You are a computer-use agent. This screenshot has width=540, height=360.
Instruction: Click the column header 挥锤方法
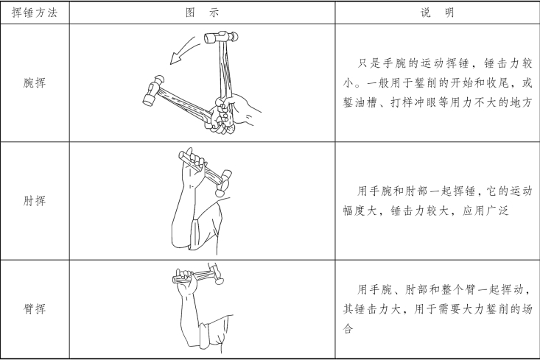point(35,13)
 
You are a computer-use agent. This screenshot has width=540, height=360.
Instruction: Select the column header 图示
point(202,13)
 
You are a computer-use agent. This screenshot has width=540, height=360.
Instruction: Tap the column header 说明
point(437,13)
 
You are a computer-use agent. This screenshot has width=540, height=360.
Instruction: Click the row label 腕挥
point(35,82)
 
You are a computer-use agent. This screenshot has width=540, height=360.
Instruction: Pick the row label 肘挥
point(35,201)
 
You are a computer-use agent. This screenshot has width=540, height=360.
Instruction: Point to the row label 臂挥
point(35,308)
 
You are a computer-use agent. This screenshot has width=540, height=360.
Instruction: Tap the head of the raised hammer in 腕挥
point(221,37)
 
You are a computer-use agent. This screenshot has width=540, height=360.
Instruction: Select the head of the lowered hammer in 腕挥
point(153,91)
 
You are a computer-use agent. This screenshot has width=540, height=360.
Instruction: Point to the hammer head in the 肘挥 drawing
point(223,183)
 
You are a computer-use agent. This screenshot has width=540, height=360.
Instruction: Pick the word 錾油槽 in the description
point(360,102)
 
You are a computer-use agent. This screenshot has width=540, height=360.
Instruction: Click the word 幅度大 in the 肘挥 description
point(360,211)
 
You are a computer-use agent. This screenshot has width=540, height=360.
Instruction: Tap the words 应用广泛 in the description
point(485,211)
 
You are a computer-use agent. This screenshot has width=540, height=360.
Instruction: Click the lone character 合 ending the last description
point(348,328)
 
